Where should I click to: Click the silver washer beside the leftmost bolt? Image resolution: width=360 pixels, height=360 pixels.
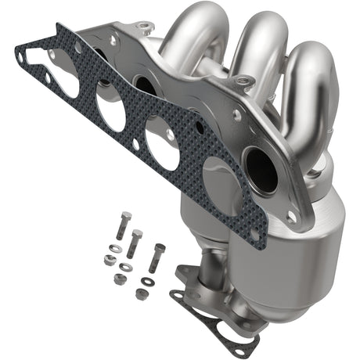116,249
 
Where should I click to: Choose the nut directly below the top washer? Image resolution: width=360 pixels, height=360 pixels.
109,261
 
